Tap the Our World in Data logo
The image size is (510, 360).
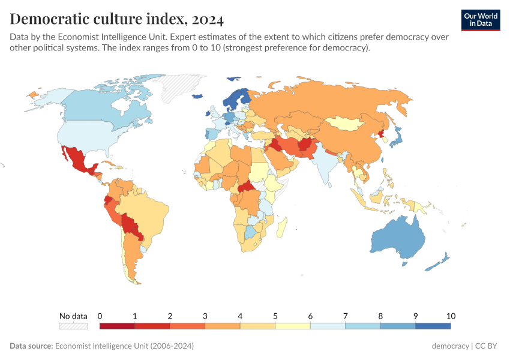click(480, 20)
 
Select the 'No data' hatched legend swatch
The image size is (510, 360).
click(73, 326)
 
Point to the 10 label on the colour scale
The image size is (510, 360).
click(451, 316)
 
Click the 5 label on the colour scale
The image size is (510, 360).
click(275, 316)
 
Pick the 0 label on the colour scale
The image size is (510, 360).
click(100, 316)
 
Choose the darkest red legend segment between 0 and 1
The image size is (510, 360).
click(117, 326)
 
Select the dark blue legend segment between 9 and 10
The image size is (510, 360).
click(433, 326)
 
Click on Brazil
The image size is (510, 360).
click(150, 210)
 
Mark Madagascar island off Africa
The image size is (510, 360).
click(283, 227)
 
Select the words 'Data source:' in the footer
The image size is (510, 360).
click(31, 346)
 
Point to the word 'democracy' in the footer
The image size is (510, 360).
click(450, 346)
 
